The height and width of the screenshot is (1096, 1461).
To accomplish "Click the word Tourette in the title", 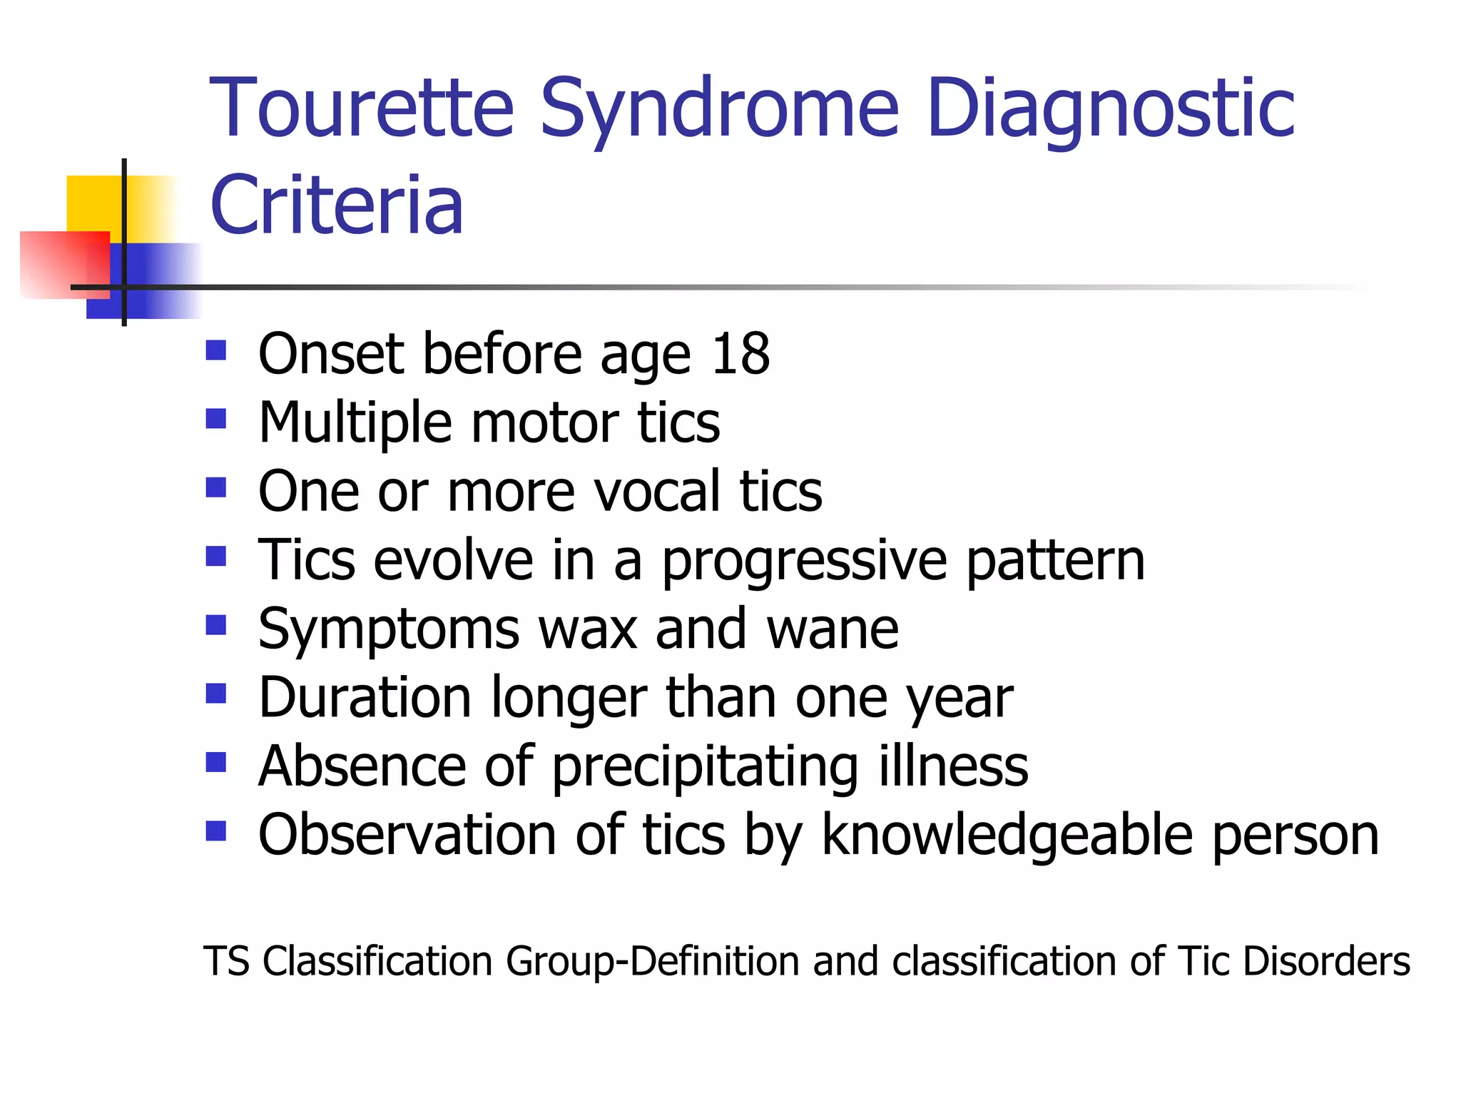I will coord(362,108).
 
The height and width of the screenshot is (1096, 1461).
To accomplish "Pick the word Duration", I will coord(365,697).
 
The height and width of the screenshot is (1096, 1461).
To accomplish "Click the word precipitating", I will coord(706,767).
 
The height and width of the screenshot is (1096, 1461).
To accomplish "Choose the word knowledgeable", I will coord(1007,835).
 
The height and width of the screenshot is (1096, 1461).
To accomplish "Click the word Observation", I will coord(407,834).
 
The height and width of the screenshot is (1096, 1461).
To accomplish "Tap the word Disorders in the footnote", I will coord(1326,960).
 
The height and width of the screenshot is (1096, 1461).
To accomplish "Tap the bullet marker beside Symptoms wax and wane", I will coord(215,625).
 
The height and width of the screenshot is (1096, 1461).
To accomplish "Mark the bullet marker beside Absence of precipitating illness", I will coord(215,763).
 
